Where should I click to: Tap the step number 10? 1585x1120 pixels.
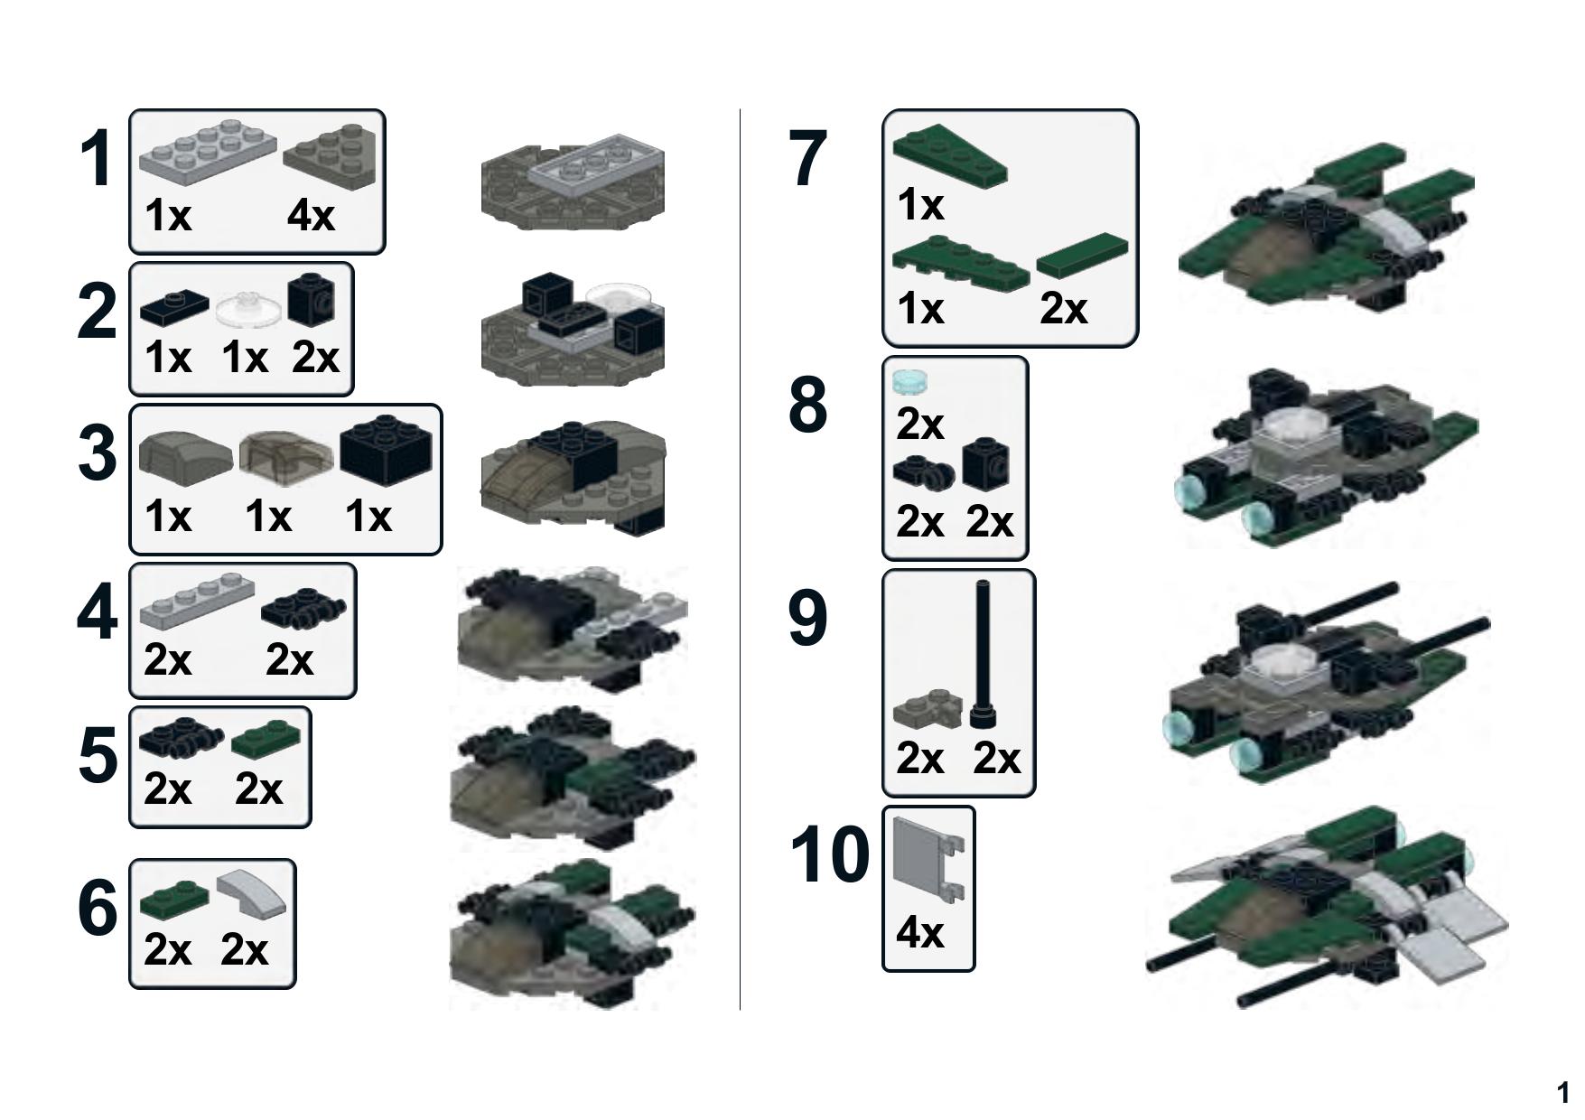click(x=829, y=854)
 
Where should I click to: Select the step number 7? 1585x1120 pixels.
click(x=807, y=159)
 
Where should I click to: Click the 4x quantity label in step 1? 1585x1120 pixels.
click(x=311, y=216)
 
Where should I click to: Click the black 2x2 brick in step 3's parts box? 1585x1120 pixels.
click(x=386, y=450)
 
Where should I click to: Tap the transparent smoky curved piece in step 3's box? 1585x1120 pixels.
click(x=285, y=453)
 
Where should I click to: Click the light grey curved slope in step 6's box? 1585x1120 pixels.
click(x=251, y=893)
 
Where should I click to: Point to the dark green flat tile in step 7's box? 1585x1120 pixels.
click(x=1082, y=255)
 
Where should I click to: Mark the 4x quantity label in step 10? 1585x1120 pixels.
click(x=919, y=931)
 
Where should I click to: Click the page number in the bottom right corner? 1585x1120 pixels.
click(x=1562, y=1093)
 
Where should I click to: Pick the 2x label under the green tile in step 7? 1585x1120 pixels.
click(x=1063, y=309)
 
